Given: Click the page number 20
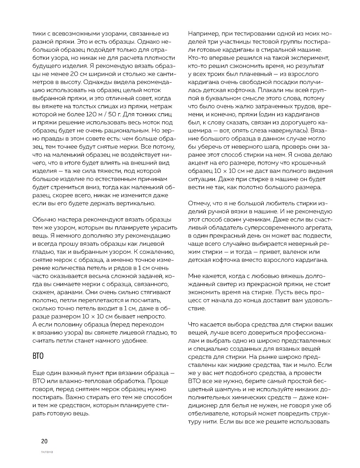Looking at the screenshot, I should click(x=44, y=441).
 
